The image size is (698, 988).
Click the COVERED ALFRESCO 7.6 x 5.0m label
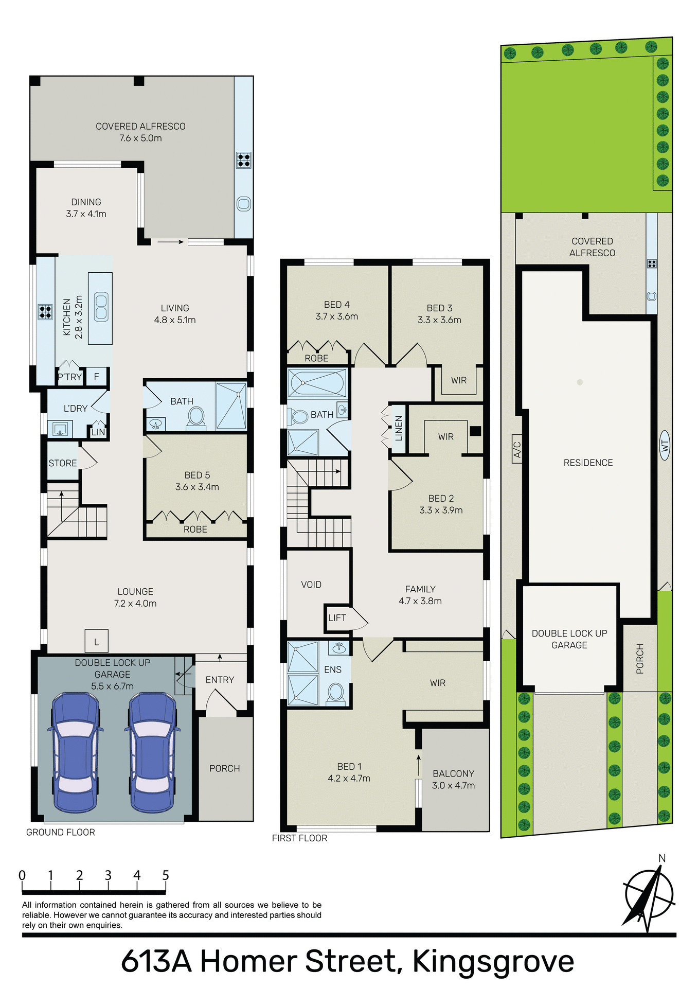tap(140, 132)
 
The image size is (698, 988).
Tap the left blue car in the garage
tap(75, 752)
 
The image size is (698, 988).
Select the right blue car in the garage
tap(152, 752)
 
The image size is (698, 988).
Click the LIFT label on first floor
tap(337, 617)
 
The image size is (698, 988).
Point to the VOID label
tap(311, 585)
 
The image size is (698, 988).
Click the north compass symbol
tap(648, 895)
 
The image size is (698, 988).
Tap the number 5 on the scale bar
tap(166, 875)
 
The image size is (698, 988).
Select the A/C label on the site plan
tap(517, 449)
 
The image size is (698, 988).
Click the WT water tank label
tap(665, 446)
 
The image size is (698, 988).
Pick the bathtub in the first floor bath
tap(317, 383)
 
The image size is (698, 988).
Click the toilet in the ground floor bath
tap(196, 417)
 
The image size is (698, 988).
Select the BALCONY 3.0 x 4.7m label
tap(453, 779)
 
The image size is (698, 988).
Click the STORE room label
tap(63, 463)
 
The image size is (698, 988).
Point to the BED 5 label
tap(197, 481)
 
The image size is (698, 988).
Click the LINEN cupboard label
tap(399, 428)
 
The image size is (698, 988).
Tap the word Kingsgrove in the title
tap(493, 961)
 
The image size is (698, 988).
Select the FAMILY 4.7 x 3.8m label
tap(420, 595)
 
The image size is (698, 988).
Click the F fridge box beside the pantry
tap(96, 377)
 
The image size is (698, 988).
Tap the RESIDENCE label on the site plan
tap(588, 463)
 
